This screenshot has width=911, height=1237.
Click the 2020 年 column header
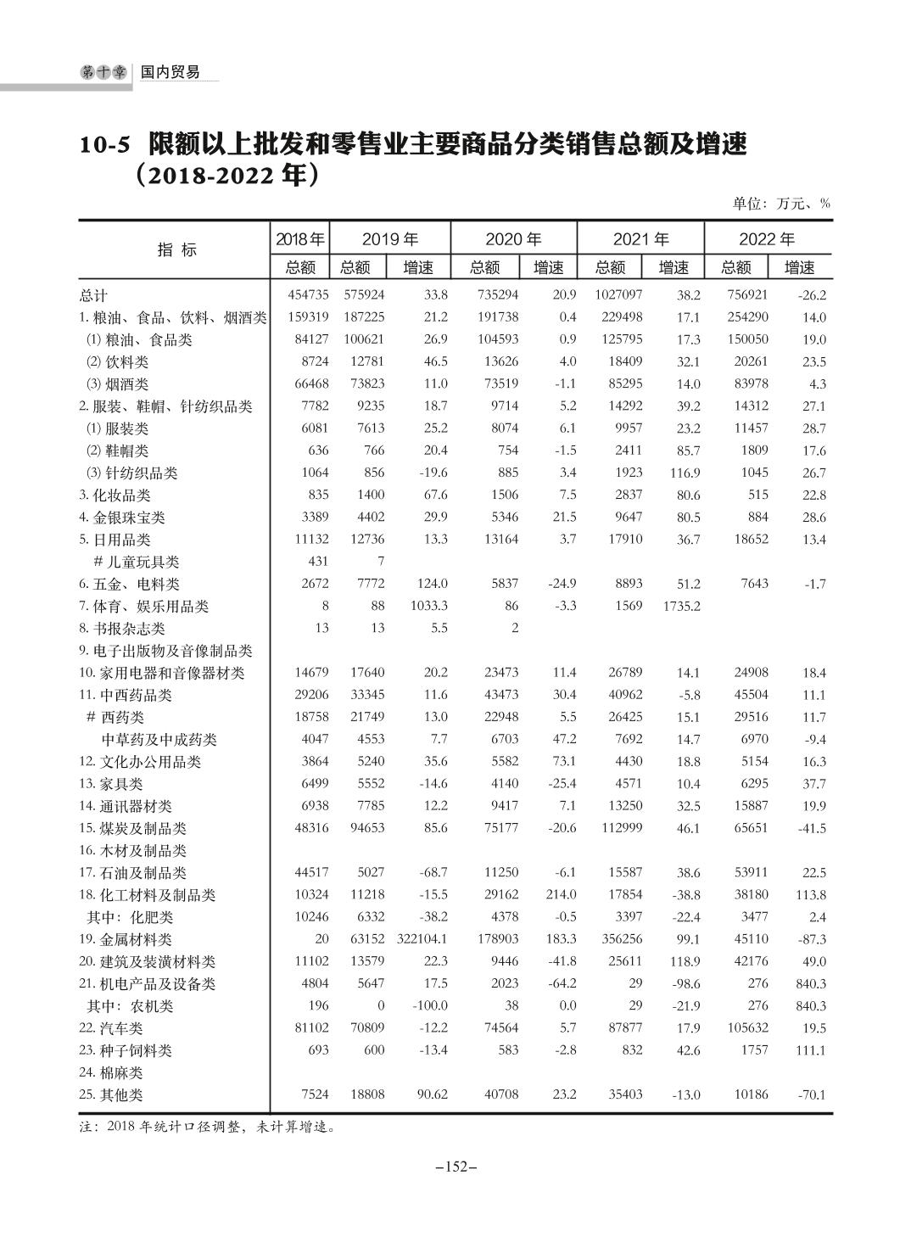click(x=513, y=239)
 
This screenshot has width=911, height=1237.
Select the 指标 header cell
click(x=176, y=249)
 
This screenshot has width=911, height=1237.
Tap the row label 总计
click(x=93, y=295)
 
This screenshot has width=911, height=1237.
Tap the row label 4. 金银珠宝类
click(x=122, y=518)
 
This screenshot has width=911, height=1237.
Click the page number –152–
click(x=456, y=1167)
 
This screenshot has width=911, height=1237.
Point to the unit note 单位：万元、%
click(x=781, y=204)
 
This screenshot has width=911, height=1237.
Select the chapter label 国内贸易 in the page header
click(x=170, y=73)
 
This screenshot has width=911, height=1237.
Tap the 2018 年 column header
click(x=300, y=239)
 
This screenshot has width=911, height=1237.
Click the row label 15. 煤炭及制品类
click(x=132, y=828)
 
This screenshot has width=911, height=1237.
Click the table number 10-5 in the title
click(x=105, y=145)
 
